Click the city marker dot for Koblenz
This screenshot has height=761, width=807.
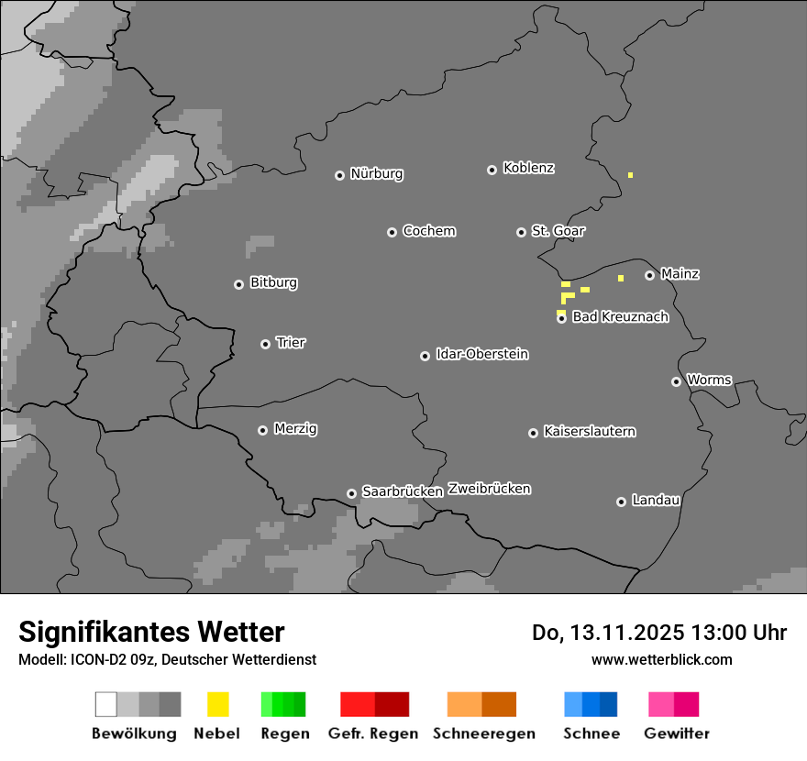pyautogui.click(x=492, y=170)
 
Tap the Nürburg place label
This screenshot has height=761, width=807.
pyautogui.click(x=376, y=174)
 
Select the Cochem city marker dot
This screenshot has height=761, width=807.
pyautogui.click(x=392, y=232)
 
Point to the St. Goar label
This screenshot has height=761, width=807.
pyautogui.click(x=558, y=231)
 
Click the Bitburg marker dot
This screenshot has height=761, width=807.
pyautogui.click(x=238, y=284)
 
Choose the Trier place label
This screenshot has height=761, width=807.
pyautogui.click(x=291, y=343)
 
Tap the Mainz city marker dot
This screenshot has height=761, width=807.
pyautogui.click(x=649, y=275)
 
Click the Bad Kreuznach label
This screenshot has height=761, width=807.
pyautogui.click(x=620, y=317)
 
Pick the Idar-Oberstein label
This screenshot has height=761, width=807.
pyautogui.click(x=481, y=355)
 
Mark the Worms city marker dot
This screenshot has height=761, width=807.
pyautogui.click(x=676, y=381)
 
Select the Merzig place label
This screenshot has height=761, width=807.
pyautogui.click(x=295, y=429)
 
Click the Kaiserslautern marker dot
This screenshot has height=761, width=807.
pyautogui.click(x=533, y=433)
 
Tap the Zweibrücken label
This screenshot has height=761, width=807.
pyautogui.click(x=489, y=489)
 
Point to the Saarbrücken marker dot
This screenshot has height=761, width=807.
pyautogui.click(x=351, y=493)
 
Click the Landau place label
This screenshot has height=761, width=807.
pyautogui.click(x=656, y=501)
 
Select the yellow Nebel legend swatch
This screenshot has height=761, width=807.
pyautogui.click(x=217, y=704)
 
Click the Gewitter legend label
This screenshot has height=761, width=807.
pyautogui.click(x=676, y=733)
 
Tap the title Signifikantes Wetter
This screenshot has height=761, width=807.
pyautogui.click(x=151, y=632)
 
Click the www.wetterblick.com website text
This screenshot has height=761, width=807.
pyautogui.click(x=661, y=659)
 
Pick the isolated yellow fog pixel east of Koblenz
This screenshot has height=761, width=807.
pyautogui.click(x=630, y=174)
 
